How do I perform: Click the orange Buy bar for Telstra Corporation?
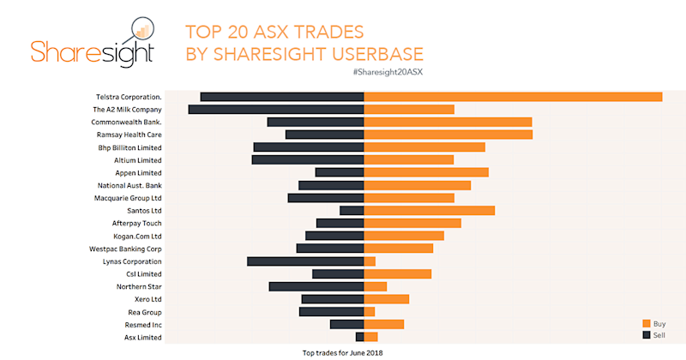(513, 97)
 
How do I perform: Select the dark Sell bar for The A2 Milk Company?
(276, 110)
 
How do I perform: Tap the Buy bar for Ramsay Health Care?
(448, 135)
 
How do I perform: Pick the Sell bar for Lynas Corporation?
(305, 261)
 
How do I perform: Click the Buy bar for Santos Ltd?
(430, 211)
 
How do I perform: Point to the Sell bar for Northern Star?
(316, 286)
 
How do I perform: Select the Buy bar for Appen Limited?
(426, 172)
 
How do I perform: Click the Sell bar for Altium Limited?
(308, 160)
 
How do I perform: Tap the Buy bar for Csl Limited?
(398, 274)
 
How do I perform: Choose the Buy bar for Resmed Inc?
(384, 325)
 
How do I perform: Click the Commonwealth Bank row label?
(127, 123)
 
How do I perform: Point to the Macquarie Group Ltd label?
(128, 198)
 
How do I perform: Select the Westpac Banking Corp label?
(125, 249)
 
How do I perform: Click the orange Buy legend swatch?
(647, 323)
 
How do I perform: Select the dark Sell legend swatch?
(647, 335)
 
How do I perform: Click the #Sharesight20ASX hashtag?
(388, 71)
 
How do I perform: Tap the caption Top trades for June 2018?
(342, 352)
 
